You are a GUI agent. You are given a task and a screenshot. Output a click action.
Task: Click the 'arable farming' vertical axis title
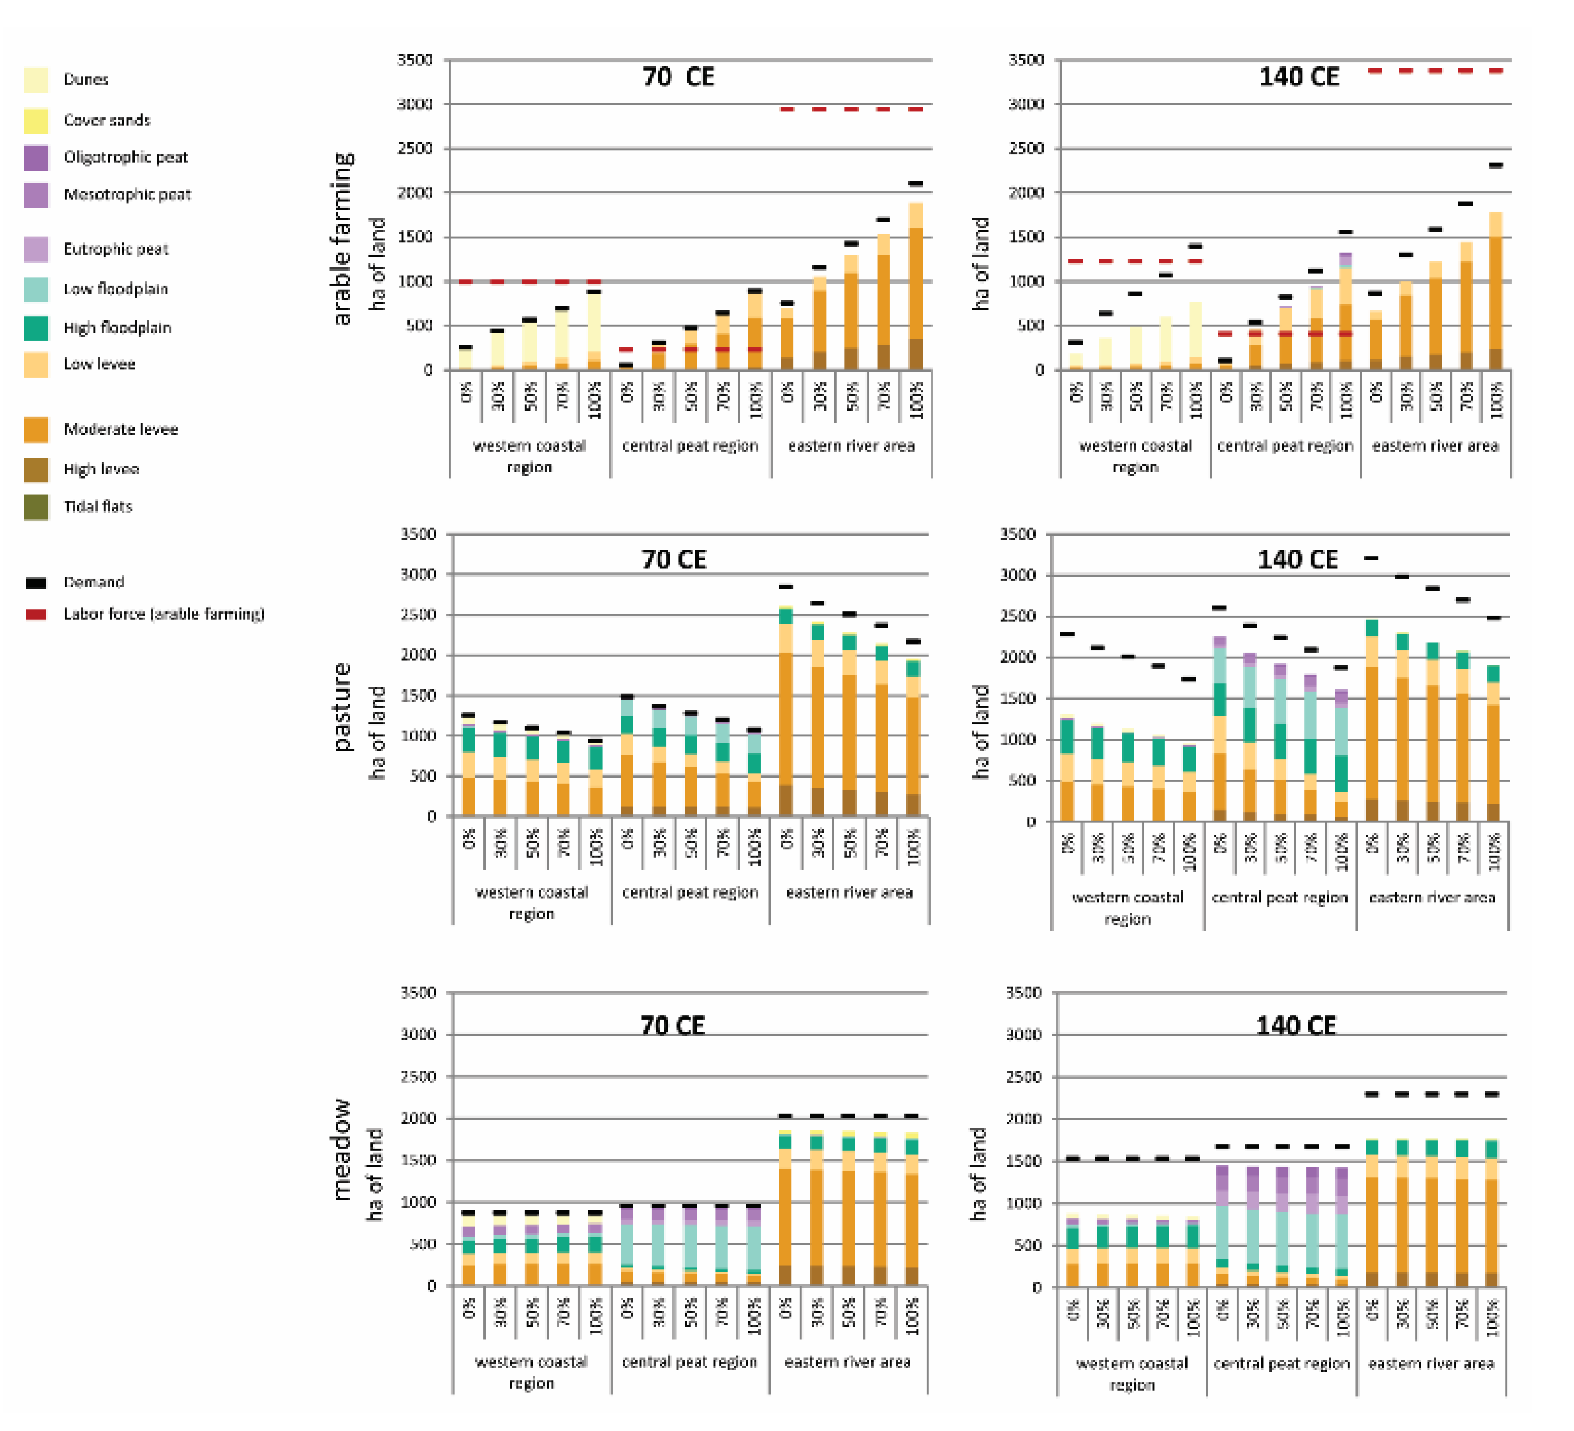(x=342, y=238)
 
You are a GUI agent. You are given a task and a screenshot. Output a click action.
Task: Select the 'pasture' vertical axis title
(x=342, y=707)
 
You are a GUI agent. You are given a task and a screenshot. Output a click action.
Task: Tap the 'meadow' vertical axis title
(x=342, y=1149)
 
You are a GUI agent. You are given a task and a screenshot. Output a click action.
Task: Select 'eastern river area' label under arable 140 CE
(x=1435, y=446)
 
